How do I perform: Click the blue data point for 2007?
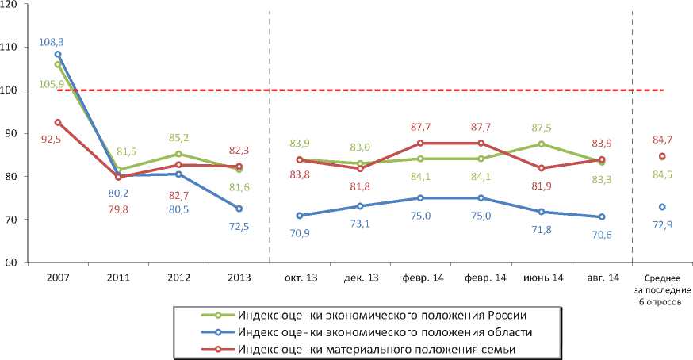tap(57, 54)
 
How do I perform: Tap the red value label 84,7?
tap(661, 120)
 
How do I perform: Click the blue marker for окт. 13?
tap(300, 215)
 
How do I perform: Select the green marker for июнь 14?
tap(542, 144)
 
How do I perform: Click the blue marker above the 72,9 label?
tap(662, 207)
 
